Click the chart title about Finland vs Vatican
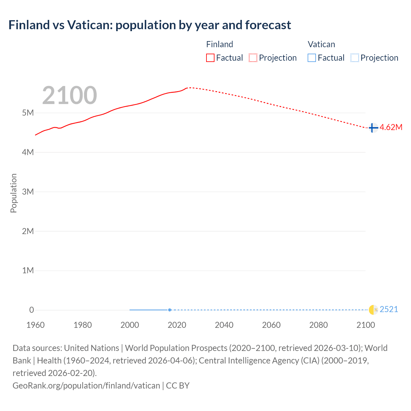click(x=150, y=25)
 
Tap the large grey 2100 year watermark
click(x=69, y=95)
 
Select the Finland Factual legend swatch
click(x=210, y=58)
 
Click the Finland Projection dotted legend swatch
click(x=253, y=58)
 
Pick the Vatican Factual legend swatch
click(x=311, y=58)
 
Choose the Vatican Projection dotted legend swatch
click(x=354, y=58)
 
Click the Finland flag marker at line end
click(x=373, y=128)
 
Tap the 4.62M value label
click(x=391, y=127)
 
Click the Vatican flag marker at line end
click(x=373, y=310)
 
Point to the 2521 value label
click(x=389, y=310)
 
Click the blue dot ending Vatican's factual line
click(x=170, y=310)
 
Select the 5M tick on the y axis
click(x=28, y=113)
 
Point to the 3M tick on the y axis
click(x=28, y=192)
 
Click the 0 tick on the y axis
click(x=31, y=310)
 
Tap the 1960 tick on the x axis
click(x=35, y=325)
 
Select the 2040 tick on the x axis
click(x=224, y=325)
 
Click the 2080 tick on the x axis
click(x=319, y=325)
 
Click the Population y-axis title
click(x=13, y=193)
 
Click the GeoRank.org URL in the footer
click(x=86, y=385)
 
